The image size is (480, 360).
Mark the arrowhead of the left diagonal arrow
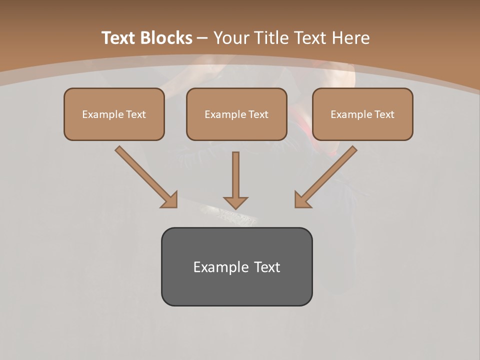tap(170, 200)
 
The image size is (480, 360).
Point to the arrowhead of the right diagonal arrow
tap(302, 200)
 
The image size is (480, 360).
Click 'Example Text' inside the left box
tap(114, 114)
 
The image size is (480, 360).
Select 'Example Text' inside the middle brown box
tap(236, 114)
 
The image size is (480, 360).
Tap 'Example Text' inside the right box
tap(362, 114)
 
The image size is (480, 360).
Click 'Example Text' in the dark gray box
tap(236, 267)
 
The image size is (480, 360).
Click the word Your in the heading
tap(230, 38)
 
